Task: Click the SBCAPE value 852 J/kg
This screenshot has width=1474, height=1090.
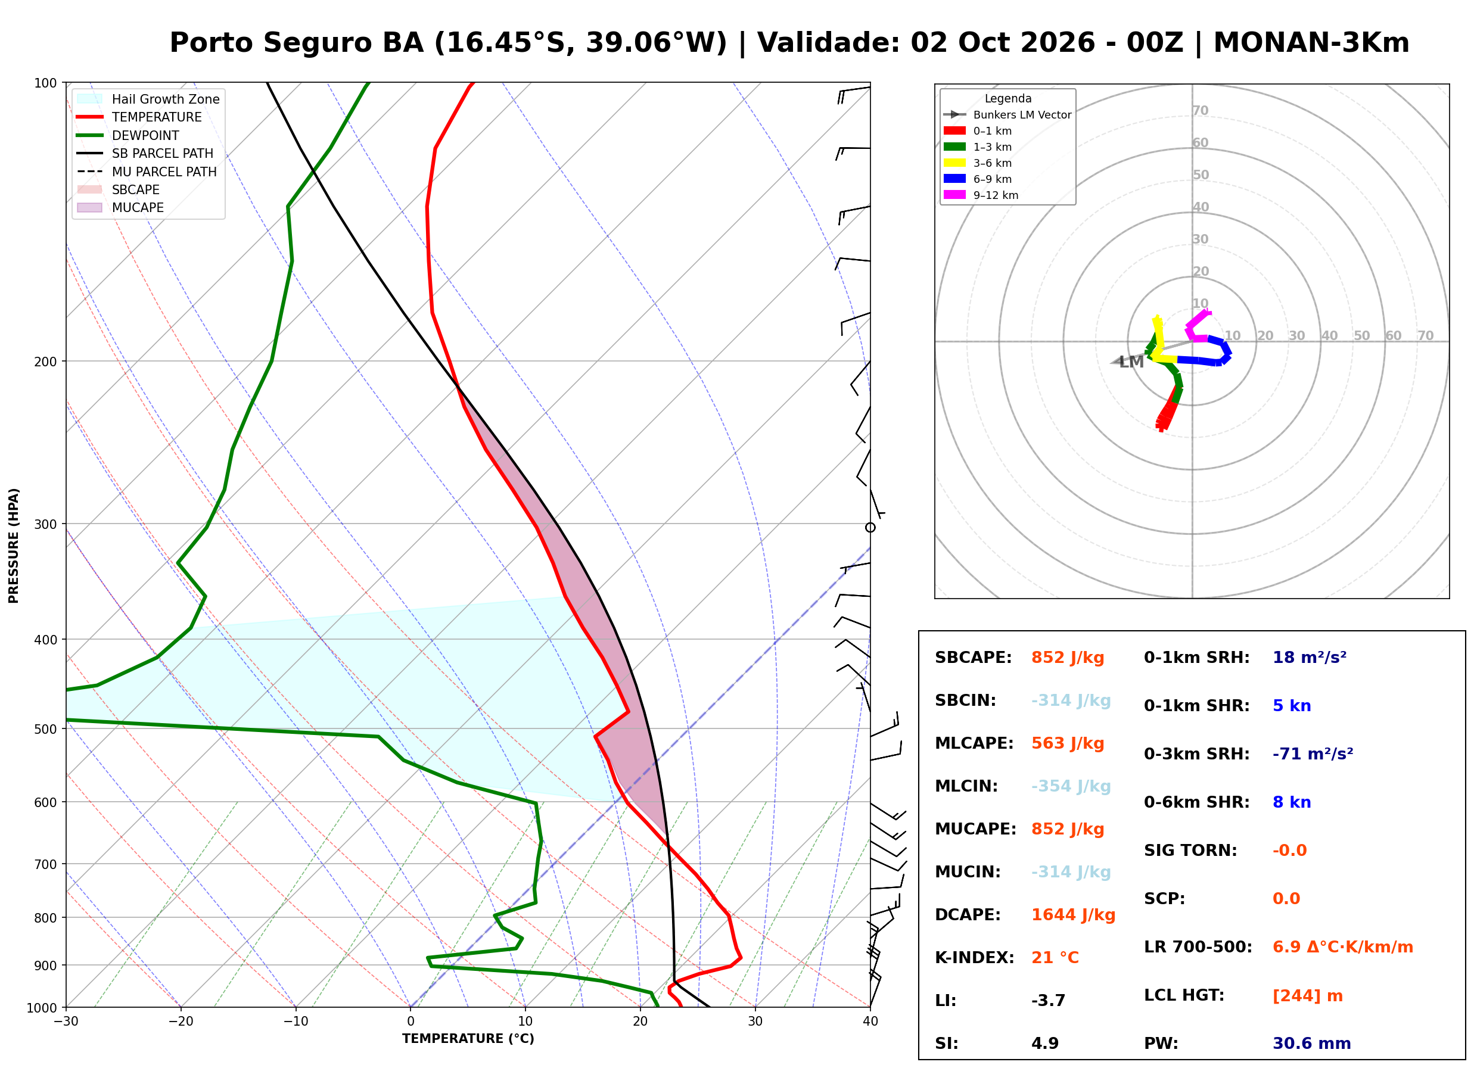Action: pos(1068,658)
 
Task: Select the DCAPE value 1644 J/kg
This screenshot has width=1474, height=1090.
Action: pos(1073,915)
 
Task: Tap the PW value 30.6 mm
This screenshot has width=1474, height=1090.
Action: pos(1312,1044)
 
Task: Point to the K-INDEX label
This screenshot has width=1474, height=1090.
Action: pos(975,958)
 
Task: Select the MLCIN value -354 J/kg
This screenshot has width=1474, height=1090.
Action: pos(1071,786)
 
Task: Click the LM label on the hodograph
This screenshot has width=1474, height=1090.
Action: pos(1131,362)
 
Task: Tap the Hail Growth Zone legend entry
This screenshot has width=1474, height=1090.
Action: pos(148,99)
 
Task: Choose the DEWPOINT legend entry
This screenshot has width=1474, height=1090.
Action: pos(128,135)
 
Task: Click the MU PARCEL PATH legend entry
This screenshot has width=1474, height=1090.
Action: pos(147,172)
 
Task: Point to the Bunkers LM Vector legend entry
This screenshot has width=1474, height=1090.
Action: pos(1007,115)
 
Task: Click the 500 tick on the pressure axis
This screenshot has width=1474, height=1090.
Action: pos(45,729)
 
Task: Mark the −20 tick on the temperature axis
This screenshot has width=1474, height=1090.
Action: pos(181,1022)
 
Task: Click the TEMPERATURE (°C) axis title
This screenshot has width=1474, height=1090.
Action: pos(468,1039)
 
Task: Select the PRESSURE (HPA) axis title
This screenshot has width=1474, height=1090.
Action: pos(14,546)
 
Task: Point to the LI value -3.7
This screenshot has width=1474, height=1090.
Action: pos(1048,1001)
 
